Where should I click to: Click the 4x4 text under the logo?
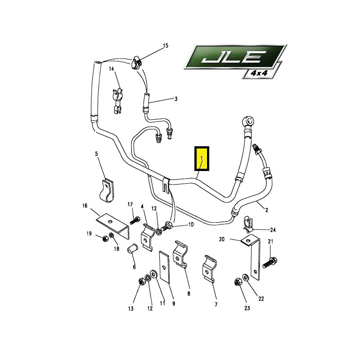(260, 73)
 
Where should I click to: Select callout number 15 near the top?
(166, 45)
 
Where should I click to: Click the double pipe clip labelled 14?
(118, 100)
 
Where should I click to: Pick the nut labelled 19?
(106, 239)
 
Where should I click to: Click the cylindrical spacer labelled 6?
(132, 249)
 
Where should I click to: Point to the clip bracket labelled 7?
(210, 268)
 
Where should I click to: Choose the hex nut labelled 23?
(238, 282)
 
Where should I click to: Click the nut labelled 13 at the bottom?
(141, 281)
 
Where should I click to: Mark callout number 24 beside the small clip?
(273, 229)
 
